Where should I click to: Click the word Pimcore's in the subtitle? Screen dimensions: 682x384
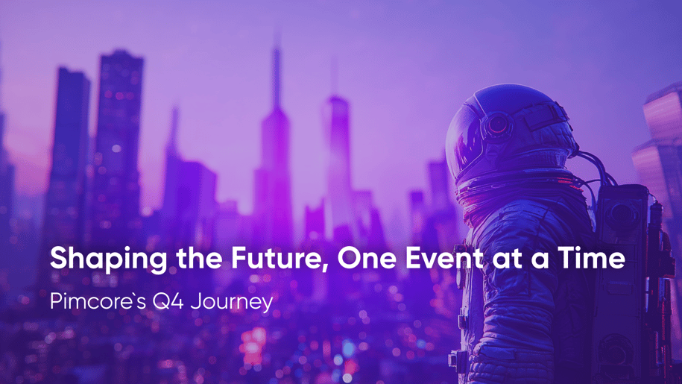[x=98, y=301]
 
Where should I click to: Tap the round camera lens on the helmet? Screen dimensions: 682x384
[x=497, y=125]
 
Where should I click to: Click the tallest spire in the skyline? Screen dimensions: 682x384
[x=276, y=130]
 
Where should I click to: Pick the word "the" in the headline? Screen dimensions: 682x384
[x=200, y=258]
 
